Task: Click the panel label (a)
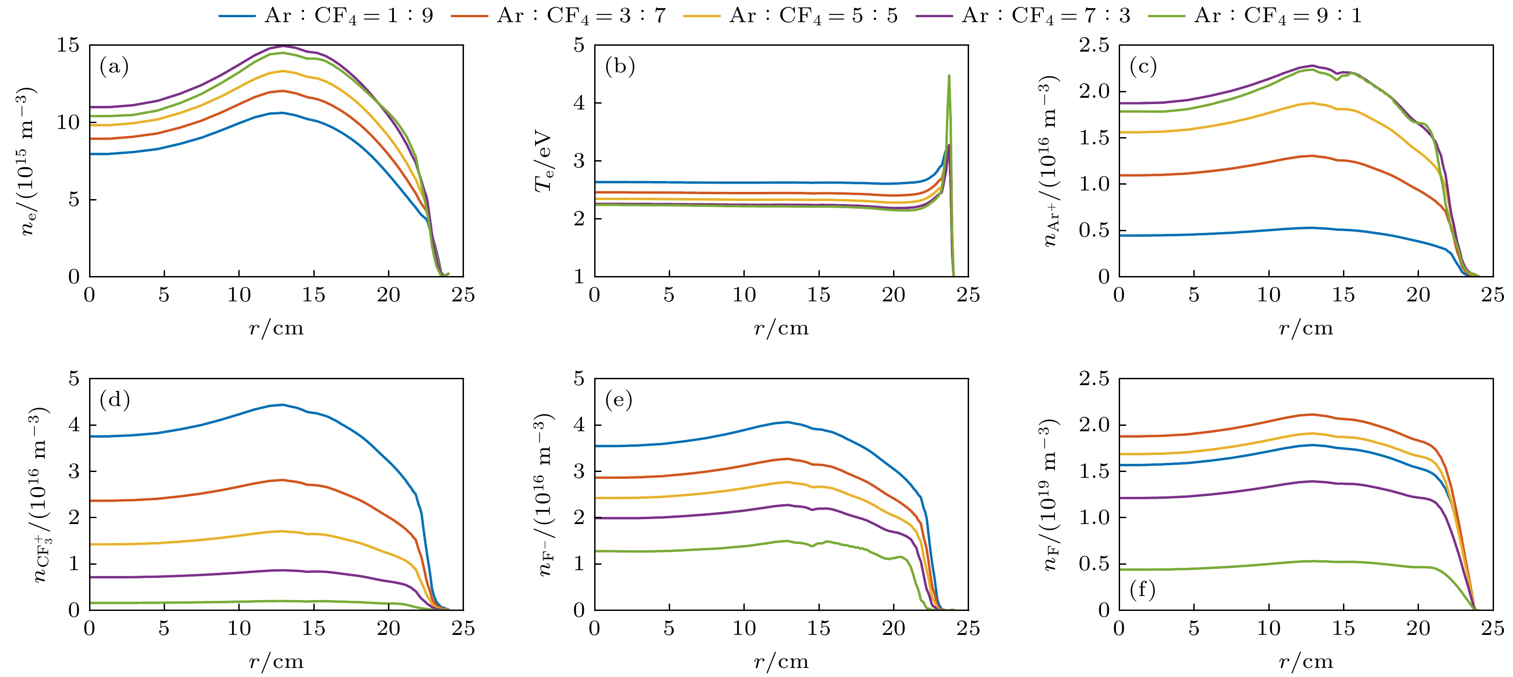coord(114,67)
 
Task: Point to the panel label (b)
coord(619,67)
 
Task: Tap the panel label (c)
coord(1143,67)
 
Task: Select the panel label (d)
coord(114,400)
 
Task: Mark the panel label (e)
coord(619,400)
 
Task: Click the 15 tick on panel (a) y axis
coord(68,45)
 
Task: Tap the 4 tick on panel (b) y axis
coord(580,103)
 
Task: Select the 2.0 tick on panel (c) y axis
coord(1094,91)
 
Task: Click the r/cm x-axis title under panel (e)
coord(781,662)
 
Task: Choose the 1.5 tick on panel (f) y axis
coord(1094,471)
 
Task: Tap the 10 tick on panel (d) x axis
coord(239,628)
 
